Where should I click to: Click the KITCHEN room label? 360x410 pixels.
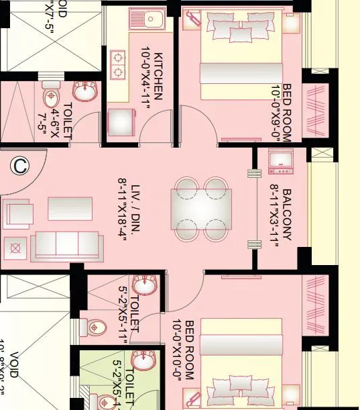click(152, 75)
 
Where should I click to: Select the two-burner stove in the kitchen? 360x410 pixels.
click(118, 64)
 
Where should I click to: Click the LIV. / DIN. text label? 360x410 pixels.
click(123, 211)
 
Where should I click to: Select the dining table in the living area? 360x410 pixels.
click(202, 209)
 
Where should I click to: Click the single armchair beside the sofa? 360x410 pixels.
click(18, 214)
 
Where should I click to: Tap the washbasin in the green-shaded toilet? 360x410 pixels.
click(142, 359)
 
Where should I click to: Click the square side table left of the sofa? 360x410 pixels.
click(15, 249)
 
